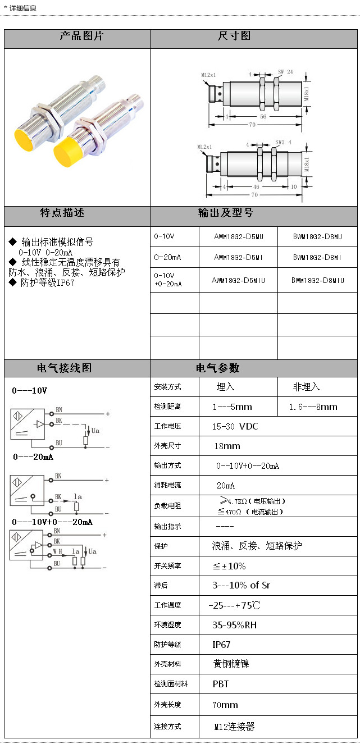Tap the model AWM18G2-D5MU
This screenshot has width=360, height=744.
tap(238, 237)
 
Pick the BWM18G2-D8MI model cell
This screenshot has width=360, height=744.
tap(317, 257)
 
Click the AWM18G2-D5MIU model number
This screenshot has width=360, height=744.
tap(238, 280)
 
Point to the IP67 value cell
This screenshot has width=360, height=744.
tap(221, 645)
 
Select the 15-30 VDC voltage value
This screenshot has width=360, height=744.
tap(234, 426)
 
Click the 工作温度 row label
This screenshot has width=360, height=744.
tap(168, 605)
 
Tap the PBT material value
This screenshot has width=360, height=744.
tap(220, 684)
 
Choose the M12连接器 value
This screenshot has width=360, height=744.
tap(234, 727)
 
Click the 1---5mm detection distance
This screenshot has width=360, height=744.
tap(232, 407)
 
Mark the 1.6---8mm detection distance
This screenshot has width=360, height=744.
tap(313, 407)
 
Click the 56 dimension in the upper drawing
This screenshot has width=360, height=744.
tap(263, 116)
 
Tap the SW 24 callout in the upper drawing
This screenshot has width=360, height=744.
tap(285, 72)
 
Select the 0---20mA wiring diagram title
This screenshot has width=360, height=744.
tap(33, 457)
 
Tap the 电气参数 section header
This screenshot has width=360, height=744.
tap(217, 368)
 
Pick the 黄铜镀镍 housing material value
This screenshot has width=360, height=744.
tap(231, 664)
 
